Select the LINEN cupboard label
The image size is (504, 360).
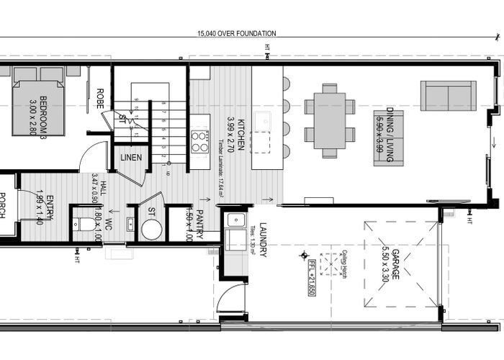pyautogui.click(x=130, y=158)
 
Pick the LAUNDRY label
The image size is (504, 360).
pyautogui.click(x=263, y=240)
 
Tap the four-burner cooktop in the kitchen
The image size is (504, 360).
pyautogui.click(x=199, y=141)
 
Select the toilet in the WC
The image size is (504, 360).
pyautogui.click(x=88, y=224)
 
